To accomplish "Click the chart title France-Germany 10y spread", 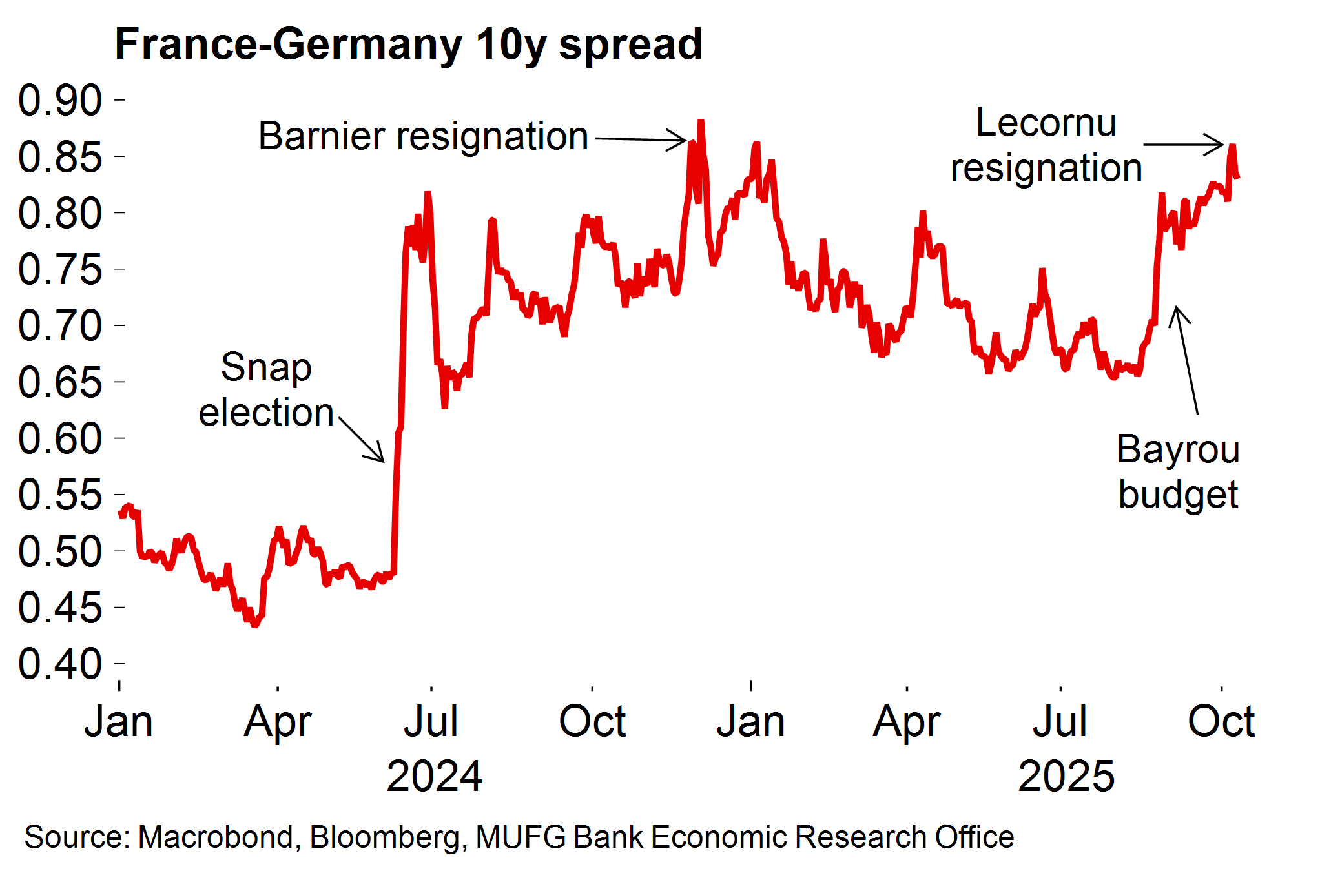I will point(408,44).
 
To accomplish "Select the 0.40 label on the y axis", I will point(60,664).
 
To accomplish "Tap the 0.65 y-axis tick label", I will point(60,382).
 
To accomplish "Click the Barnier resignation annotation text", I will point(423,136).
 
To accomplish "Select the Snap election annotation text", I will point(266,389).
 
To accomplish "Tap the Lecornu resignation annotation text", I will point(1046,145).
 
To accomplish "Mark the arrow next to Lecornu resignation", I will point(1183,145).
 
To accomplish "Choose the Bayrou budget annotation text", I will point(1178,471).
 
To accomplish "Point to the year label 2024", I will point(434,775).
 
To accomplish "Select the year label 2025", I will point(1066,775).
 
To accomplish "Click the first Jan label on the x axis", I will point(119,721).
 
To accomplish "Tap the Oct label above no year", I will point(592,721).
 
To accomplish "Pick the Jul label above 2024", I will point(431,721).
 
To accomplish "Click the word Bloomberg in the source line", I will point(385,837).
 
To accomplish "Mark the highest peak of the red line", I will point(701,121).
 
